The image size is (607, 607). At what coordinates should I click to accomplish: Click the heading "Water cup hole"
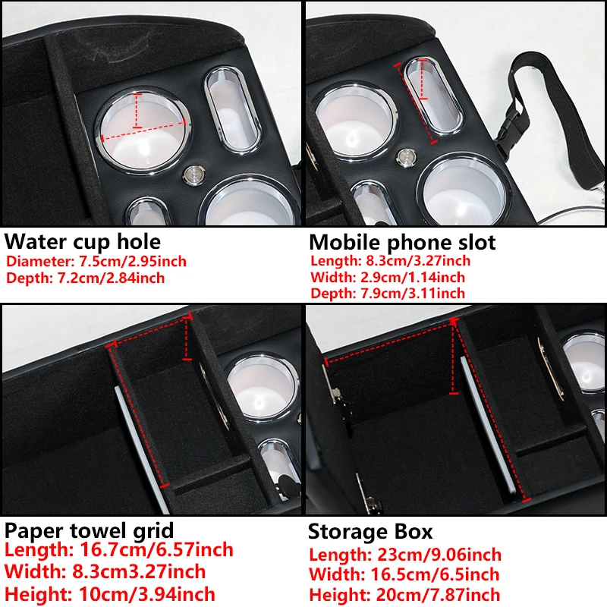click(83, 242)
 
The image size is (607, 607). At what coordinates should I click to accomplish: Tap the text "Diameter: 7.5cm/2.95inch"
click(96, 262)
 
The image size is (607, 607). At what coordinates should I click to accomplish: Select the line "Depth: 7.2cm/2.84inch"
click(85, 278)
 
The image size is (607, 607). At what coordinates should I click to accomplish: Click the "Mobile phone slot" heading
click(402, 243)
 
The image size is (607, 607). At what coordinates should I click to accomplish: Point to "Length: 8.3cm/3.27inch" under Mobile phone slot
click(390, 260)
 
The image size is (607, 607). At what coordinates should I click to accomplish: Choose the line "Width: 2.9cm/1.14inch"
click(388, 277)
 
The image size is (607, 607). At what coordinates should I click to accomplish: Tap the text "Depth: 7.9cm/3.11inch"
click(388, 293)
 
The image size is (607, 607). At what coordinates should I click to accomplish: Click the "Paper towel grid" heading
click(89, 531)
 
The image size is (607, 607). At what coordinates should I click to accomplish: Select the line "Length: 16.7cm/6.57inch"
click(119, 549)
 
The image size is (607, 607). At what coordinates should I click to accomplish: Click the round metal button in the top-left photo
click(193, 175)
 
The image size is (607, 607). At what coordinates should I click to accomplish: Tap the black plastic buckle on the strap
click(510, 131)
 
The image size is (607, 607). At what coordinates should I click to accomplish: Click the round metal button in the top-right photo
click(407, 157)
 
